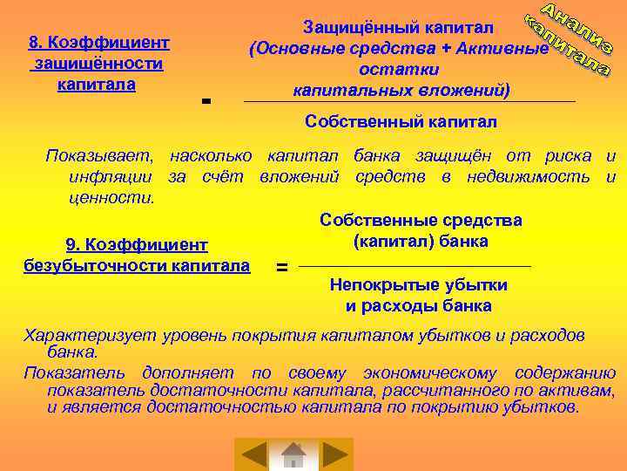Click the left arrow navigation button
point(254,454)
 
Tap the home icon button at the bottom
point(294,454)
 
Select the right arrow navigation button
point(334,454)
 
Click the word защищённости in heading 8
point(98,64)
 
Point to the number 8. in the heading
point(36,42)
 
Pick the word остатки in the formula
point(400,70)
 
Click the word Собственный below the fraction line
point(356,120)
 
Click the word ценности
point(111,198)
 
